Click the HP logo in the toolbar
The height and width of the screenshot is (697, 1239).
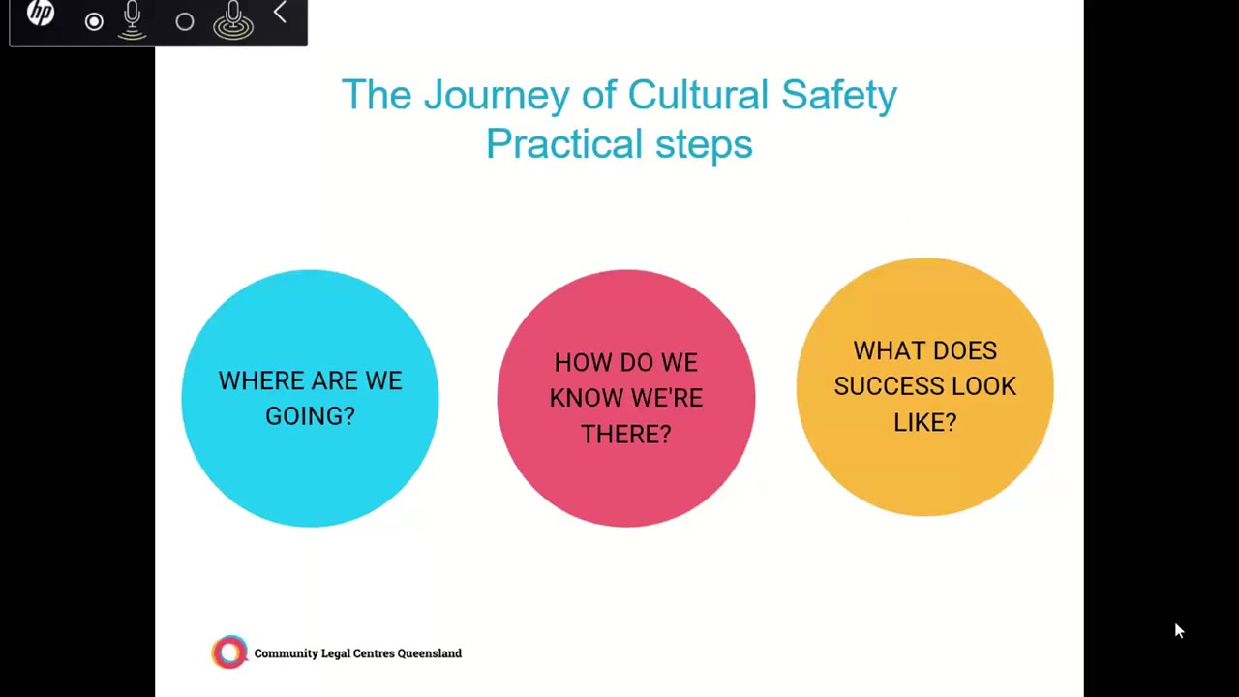pyautogui.click(x=41, y=14)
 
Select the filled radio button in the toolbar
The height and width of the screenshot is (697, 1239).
pyautogui.click(x=94, y=21)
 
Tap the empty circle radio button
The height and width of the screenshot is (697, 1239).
pyautogui.click(x=185, y=21)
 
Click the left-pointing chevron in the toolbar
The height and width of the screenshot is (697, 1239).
pyautogui.click(x=280, y=13)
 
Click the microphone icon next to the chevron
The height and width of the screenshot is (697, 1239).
pyautogui.click(x=233, y=19)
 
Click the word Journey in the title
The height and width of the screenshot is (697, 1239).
pyautogui.click(x=497, y=96)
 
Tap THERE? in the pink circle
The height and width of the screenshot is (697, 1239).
pyautogui.click(x=625, y=434)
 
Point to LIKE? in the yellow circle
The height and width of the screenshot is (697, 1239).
pyautogui.click(x=924, y=421)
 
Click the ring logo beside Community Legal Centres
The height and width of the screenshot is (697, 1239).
pyautogui.click(x=229, y=652)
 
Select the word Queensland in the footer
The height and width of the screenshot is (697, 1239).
pyautogui.click(x=424, y=653)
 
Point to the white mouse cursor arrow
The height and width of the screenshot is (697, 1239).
pyautogui.click(x=1178, y=630)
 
